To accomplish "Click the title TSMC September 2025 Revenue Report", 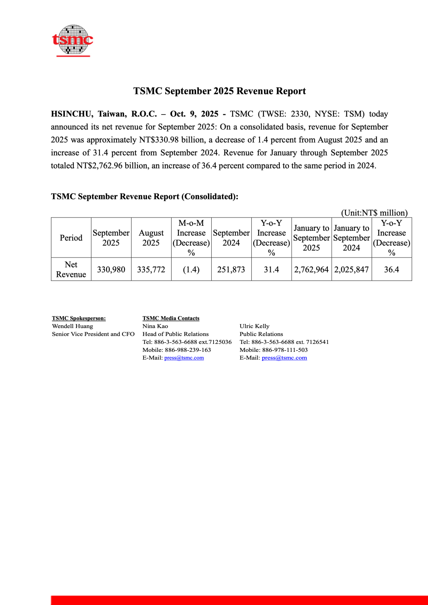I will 219,91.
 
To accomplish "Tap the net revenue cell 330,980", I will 111,269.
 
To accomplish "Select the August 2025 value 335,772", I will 151,269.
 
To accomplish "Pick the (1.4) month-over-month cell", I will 191,269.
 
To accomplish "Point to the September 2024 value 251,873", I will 231,269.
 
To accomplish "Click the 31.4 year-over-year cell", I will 271,269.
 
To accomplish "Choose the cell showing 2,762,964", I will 311,269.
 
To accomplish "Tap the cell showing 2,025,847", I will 352,269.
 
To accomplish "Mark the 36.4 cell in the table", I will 392,269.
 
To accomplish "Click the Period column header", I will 71,238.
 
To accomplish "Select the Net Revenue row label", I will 71,269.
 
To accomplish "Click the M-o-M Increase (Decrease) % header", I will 191,238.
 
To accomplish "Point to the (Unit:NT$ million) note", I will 374,213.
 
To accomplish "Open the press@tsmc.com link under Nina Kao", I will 184,358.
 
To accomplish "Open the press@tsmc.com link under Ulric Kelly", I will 284,358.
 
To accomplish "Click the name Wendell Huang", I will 73,326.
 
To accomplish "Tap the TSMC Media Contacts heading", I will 171,318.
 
